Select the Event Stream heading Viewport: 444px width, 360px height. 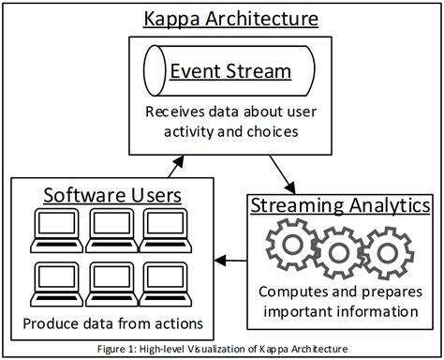pos(229,71)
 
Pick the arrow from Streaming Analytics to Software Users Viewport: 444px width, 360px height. pos(232,259)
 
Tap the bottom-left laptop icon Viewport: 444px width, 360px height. pos(54,280)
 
